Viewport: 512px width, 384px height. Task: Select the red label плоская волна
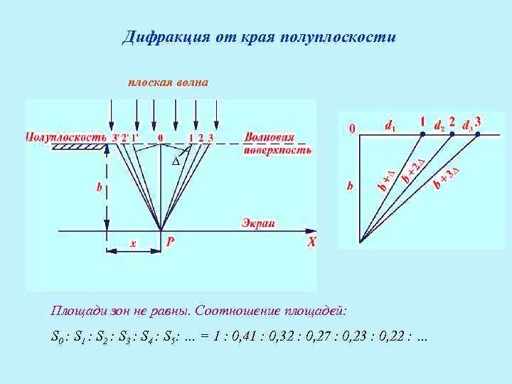(x=168, y=82)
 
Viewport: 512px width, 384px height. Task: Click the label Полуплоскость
(x=66, y=137)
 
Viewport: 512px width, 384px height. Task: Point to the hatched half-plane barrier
(x=80, y=147)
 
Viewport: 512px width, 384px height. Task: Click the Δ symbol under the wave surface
(x=176, y=161)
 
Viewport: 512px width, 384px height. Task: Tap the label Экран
(x=258, y=223)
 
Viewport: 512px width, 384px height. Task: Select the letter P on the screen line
(x=170, y=242)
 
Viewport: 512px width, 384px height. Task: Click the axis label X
(x=311, y=242)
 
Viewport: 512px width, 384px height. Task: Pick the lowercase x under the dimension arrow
(x=133, y=243)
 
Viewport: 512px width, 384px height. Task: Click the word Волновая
(x=268, y=137)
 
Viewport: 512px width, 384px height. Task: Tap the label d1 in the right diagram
(x=390, y=126)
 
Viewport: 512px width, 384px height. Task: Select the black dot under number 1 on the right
(x=422, y=133)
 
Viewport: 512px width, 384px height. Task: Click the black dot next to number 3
(x=478, y=133)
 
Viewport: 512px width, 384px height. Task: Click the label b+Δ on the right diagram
(x=387, y=181)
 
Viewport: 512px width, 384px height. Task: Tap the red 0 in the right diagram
(x=350, y=129)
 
